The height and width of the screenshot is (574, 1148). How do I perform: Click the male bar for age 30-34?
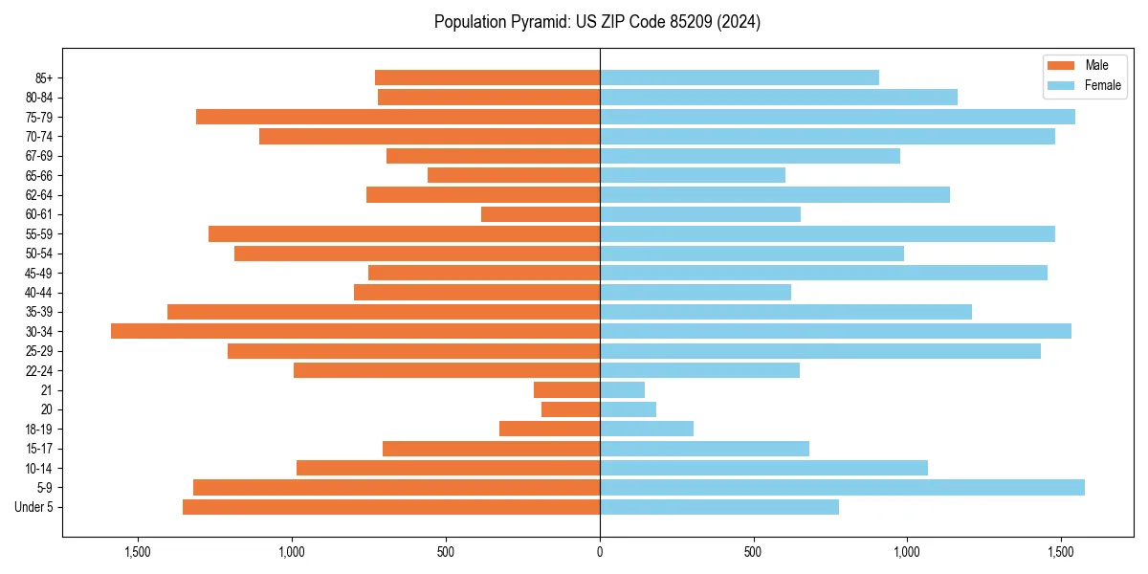pos(355,331)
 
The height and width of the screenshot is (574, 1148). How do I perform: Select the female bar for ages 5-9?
pos(842,487)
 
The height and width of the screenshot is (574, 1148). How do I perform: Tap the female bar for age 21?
pos(622,389)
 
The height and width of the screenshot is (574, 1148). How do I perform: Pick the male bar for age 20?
pos(571,409)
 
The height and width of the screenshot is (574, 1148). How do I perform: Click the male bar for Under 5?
pos(391,507)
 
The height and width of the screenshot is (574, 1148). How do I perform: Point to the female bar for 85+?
pos(740,77)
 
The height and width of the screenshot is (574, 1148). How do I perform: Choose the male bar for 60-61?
pos(541,214)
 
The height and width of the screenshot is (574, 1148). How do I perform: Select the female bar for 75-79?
pos(837,117)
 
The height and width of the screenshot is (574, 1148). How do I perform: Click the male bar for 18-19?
pos(550,429)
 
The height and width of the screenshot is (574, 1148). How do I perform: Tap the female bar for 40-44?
pos(695,292)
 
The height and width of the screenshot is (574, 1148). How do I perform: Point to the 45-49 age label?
pos(39,273)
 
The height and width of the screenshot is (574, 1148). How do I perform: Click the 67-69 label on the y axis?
pos(39,156)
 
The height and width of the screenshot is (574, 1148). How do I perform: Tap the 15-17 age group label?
pos(39,449)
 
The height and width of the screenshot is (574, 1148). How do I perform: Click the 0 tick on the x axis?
pos(600,552)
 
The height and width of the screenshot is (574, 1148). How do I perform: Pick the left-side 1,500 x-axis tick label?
pos(138,552)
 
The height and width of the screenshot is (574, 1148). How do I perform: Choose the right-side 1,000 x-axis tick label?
pos(907,552)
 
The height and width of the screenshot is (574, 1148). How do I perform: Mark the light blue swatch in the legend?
pos(1062,85)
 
